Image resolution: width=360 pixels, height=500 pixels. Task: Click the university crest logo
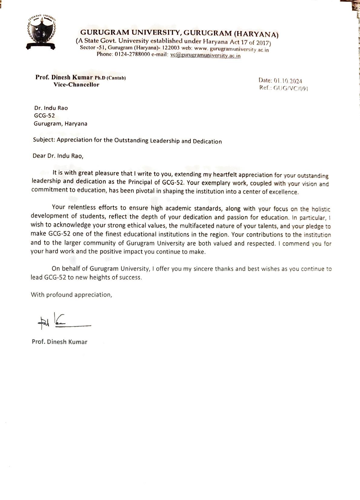point(41,32)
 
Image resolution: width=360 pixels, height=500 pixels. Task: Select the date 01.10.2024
point(288,81)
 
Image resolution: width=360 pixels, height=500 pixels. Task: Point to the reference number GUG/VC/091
point(291,88)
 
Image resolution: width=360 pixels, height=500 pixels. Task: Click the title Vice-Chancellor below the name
point(76,85)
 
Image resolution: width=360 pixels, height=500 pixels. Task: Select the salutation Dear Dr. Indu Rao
point(58,156)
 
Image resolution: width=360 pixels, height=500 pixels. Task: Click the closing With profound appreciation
point(71,295)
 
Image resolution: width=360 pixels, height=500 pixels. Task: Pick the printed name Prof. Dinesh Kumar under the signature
point(59,342)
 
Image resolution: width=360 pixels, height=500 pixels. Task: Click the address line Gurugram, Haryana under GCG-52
point(60,124)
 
